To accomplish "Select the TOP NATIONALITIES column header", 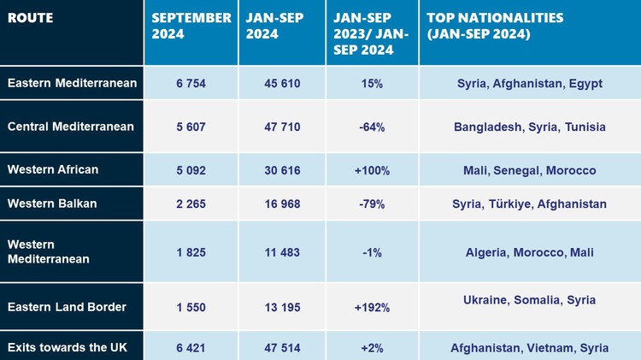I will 491,26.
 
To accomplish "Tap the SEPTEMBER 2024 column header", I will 191,26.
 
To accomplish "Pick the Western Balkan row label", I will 52,204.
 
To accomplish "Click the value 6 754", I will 191,83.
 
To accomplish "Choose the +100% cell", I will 372,170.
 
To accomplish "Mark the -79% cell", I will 372,204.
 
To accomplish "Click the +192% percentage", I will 372,307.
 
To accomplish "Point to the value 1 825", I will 191,252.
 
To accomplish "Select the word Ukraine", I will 487,300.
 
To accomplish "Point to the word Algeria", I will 488,252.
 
